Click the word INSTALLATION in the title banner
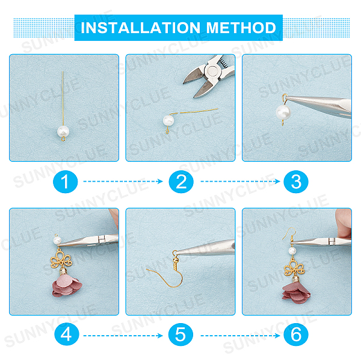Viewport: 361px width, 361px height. point(140,28)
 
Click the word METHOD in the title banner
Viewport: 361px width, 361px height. point(241,28)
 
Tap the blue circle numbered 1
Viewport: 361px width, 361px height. point(66,182)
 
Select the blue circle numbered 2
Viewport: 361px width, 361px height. point(181,182)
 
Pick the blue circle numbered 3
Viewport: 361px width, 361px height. point(296,182)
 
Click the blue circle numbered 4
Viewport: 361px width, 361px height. point(67,335)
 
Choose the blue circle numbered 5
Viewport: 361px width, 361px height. point(180,335)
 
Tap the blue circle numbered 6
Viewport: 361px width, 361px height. point(296,335)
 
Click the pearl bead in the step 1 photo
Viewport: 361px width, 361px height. point(63,131)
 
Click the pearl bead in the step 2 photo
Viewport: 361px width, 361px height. point(168,120)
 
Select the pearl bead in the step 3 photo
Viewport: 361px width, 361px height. point(283,112)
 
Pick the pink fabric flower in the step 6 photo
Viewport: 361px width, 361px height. point(296,293)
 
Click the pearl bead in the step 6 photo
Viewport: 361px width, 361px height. point(292,250)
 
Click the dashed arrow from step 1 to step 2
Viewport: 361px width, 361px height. point(123,182)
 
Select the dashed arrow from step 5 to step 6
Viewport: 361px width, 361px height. point(240,336)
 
